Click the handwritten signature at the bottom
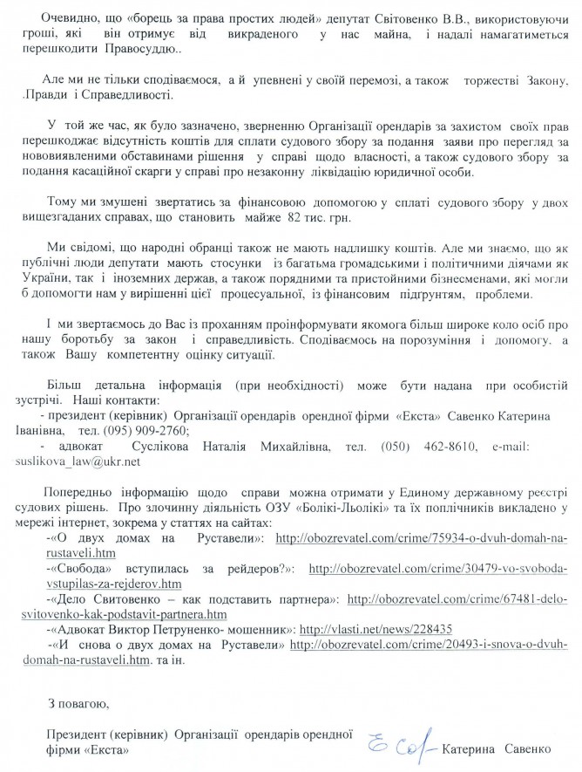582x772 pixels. click(x=403, y=747)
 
